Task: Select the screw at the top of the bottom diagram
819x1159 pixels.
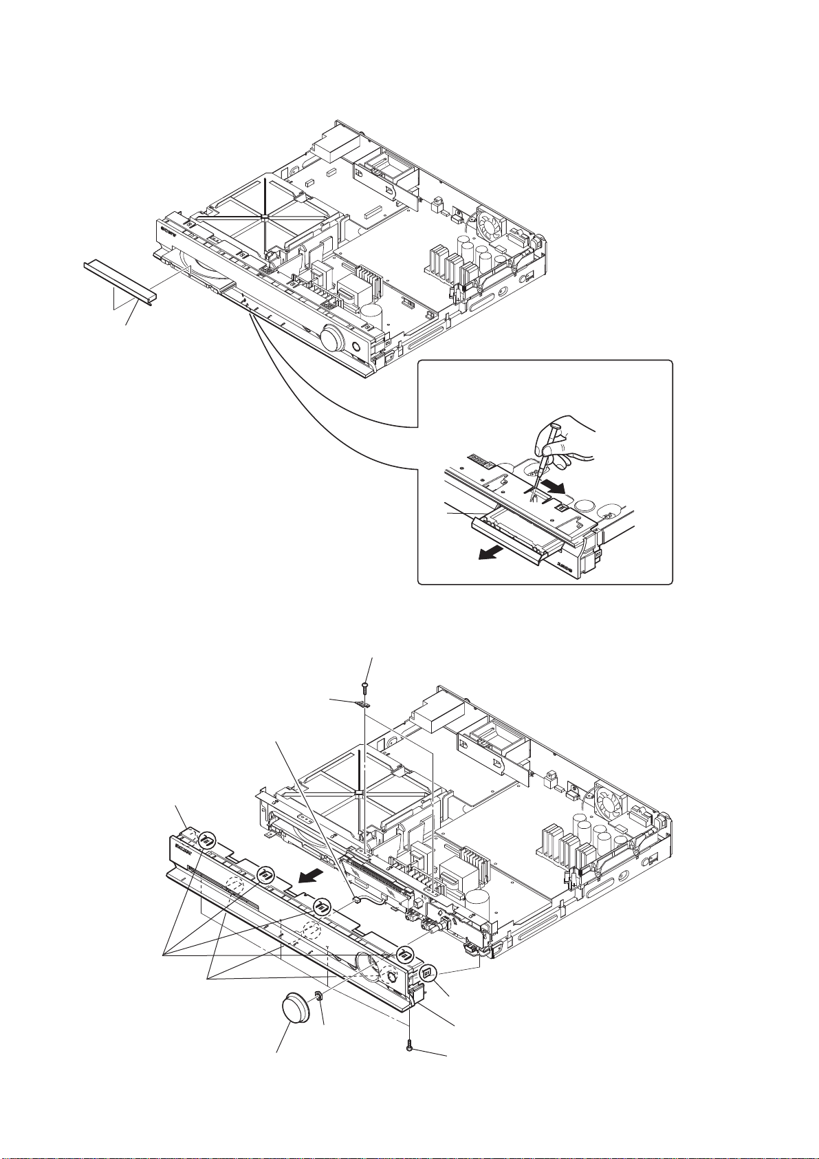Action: point(364,686)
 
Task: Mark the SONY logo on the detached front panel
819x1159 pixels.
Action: point(185,843)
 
